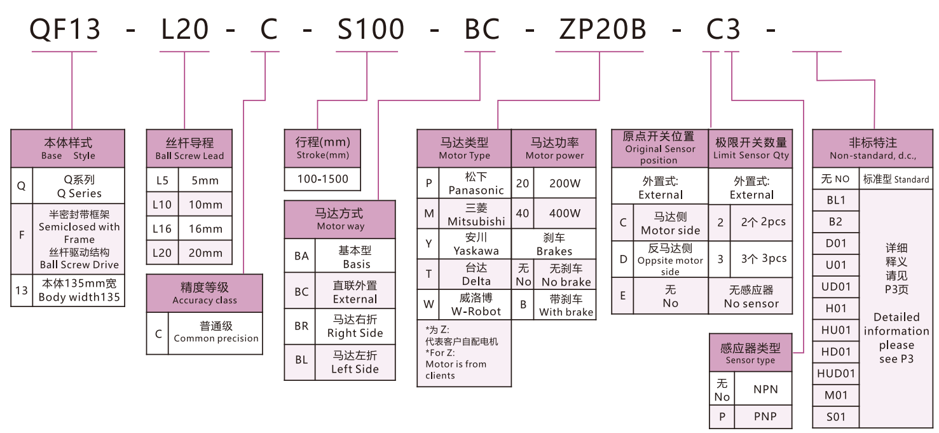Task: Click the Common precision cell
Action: point(216,333)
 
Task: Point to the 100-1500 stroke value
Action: point(323,179)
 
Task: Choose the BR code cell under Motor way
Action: point(301,326)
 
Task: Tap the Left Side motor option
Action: point(355,362)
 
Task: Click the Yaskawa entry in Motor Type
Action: point(476,244)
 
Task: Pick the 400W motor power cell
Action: point(565,214)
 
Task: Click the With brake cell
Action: point(566,305)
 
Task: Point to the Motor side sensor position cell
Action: point(670,223)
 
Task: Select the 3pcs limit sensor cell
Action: point(763,259)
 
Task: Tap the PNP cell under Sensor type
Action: point(765,417)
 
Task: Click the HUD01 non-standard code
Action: point(836,373)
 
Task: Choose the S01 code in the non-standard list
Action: point(836,417)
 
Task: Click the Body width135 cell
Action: point(79,291)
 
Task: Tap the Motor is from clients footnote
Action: point(456,369)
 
